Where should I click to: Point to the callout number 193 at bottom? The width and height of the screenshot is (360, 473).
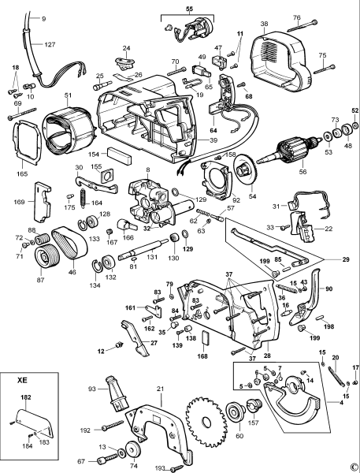[x=161, y=468]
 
